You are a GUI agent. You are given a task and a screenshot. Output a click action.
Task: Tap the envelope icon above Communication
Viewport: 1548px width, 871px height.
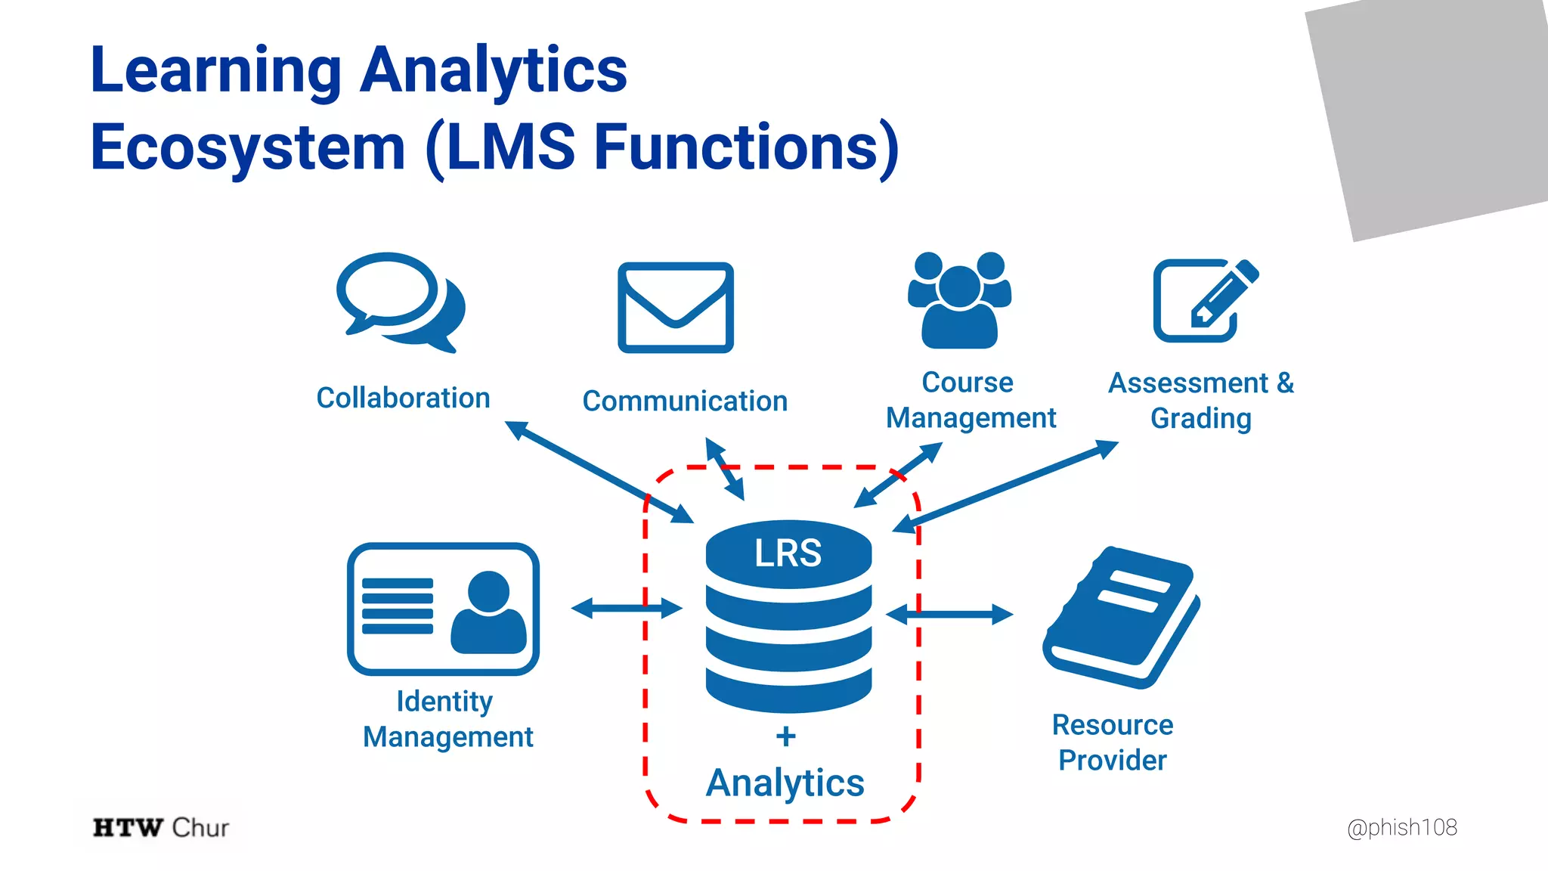point(675,307)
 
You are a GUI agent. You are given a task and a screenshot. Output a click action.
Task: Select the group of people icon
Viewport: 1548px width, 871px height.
point(959,301)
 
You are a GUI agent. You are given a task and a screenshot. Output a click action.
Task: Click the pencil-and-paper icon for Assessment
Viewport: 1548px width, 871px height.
point(1204,301)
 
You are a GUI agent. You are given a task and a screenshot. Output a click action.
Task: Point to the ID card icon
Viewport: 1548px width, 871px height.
point(442,609)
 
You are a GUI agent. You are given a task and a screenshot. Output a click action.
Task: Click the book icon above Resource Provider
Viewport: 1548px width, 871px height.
point(1121,616)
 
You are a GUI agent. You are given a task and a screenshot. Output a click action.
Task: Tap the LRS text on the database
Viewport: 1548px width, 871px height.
point(788,553)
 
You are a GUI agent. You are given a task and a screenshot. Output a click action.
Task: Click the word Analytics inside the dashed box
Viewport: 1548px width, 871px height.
point(785,783)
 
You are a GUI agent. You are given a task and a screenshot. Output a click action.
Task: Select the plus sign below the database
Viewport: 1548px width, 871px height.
point(785,736)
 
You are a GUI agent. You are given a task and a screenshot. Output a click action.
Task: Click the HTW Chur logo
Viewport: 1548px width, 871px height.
point(160,827)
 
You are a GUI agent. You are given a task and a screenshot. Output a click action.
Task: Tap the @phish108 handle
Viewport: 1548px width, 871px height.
point(1401,827)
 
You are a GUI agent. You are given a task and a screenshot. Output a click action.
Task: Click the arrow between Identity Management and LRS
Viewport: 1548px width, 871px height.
point(627,607)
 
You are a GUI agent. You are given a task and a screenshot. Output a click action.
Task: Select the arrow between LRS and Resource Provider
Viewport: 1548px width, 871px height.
point(949,615)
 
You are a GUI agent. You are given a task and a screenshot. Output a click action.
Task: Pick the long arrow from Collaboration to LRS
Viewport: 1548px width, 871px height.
point(599,473)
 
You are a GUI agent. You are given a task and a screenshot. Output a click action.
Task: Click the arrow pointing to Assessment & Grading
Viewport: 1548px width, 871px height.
point(1005,488)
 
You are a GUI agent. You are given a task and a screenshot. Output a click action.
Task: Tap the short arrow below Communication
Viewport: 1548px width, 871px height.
point(725,469)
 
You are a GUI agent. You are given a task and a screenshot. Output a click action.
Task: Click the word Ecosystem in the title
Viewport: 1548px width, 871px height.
point(248,147)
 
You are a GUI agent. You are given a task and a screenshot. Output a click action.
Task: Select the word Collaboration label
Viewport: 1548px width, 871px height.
point(403,398)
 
